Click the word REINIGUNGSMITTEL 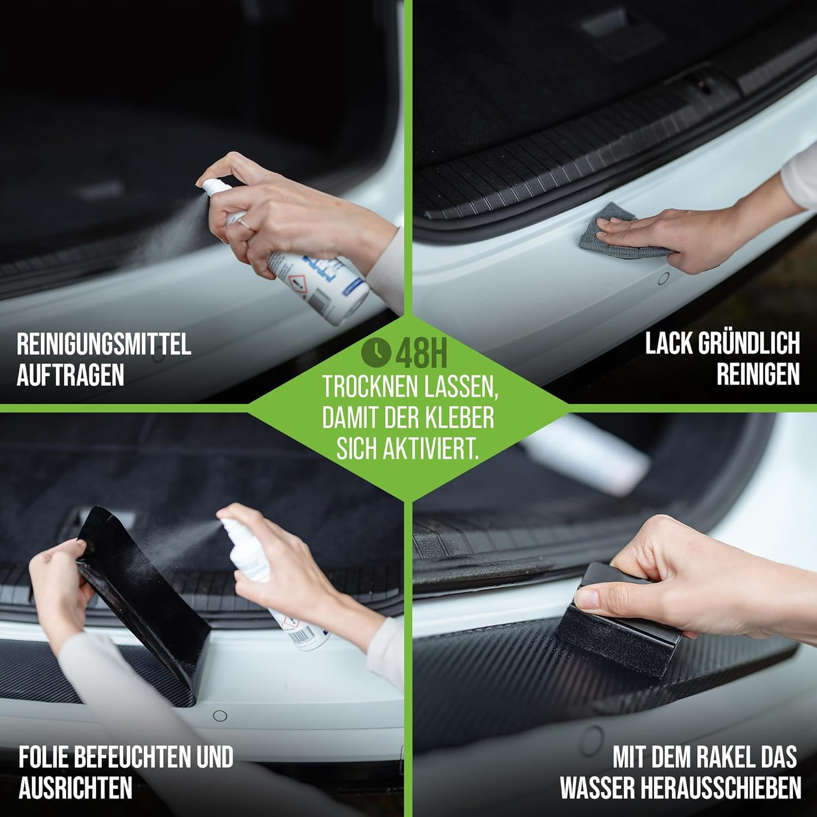103,345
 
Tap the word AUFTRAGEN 70,375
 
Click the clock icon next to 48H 376,352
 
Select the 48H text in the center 421,353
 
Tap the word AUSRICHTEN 76,788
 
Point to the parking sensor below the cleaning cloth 663,279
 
